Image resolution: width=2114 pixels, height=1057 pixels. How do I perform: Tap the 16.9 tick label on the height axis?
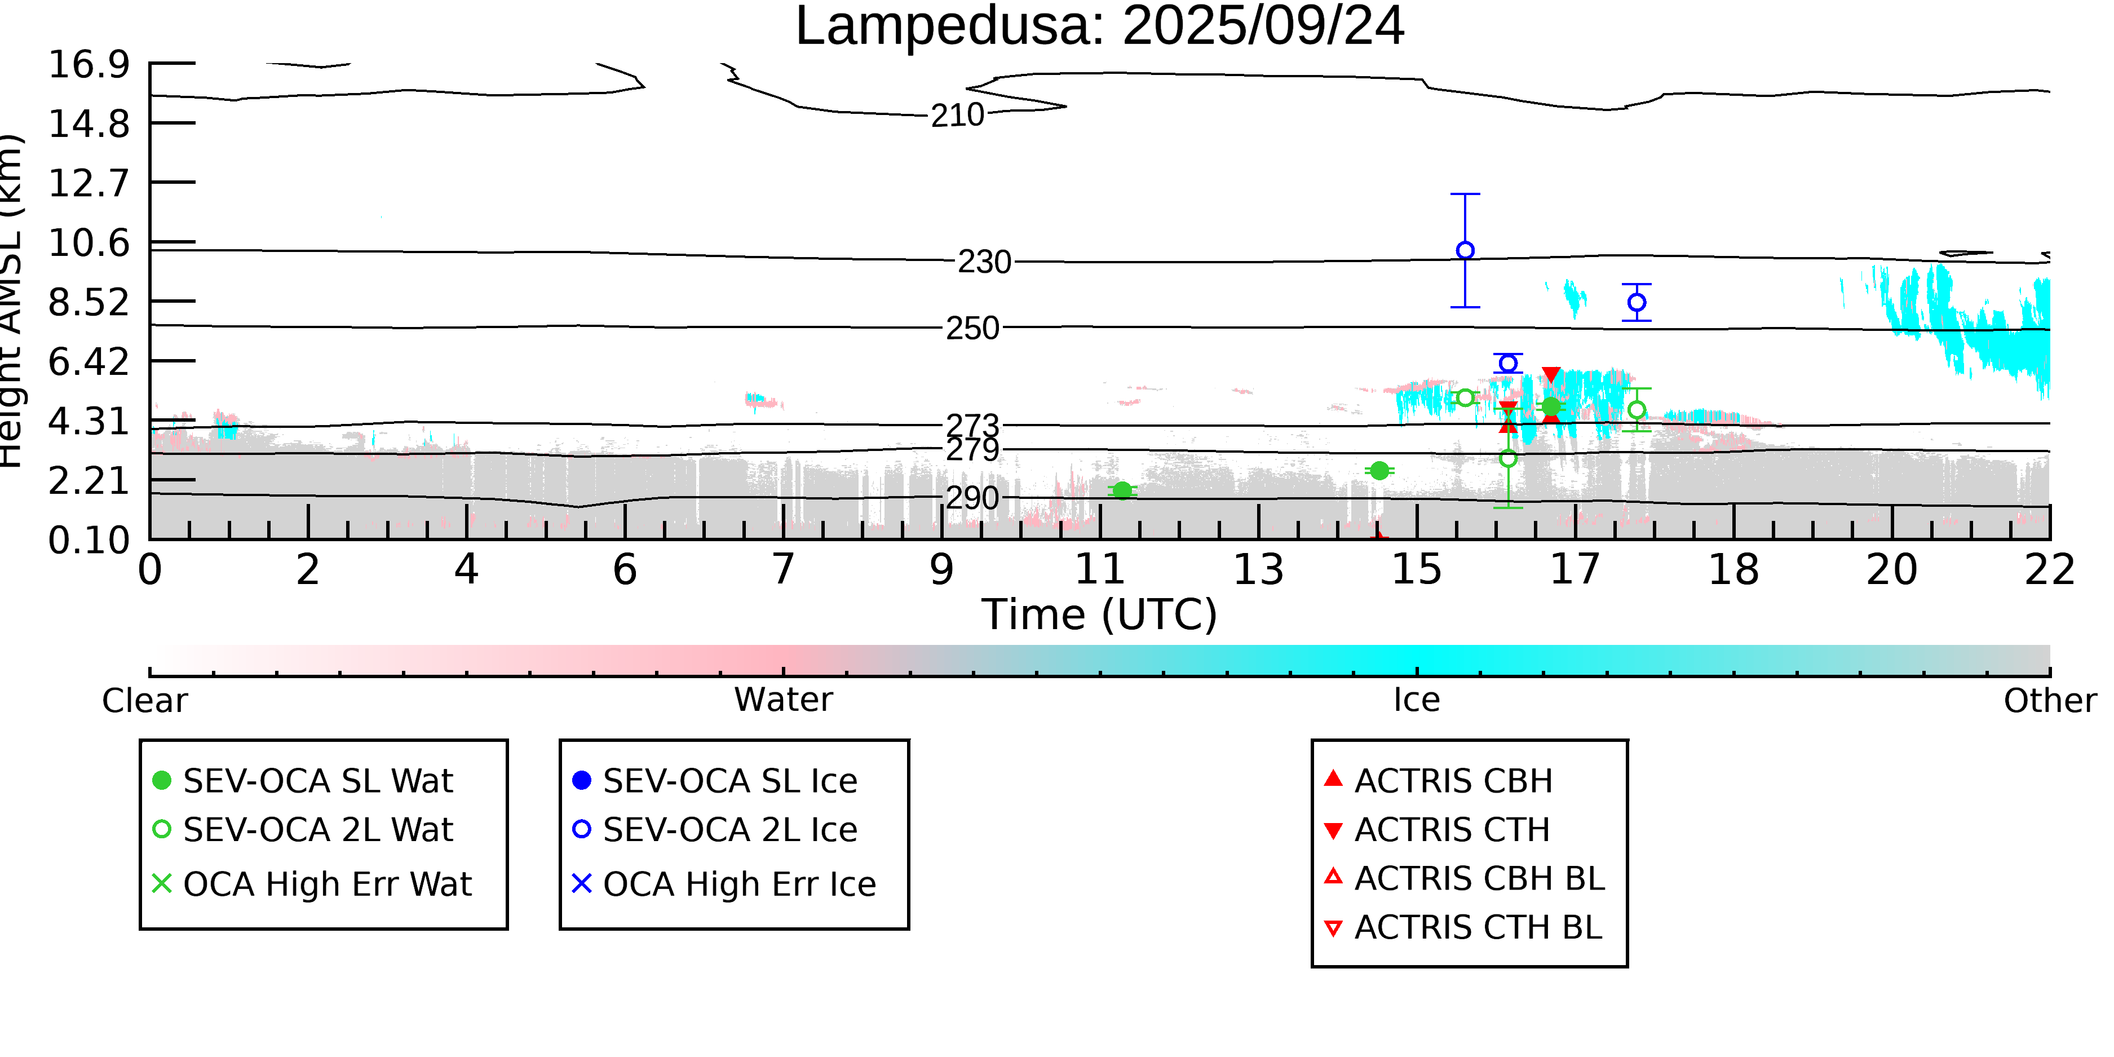(89, 65)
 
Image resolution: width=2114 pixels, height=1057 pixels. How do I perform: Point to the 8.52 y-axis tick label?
(89, 303)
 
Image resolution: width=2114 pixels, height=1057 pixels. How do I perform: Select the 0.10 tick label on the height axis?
(89, 541)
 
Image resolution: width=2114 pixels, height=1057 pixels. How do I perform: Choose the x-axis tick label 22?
(2049, 569)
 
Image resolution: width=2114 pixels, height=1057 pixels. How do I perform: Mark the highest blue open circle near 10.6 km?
(1465, 250)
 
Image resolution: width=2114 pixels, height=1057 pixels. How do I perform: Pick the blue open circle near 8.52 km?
(1637, 303)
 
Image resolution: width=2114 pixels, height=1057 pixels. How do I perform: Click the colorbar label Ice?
(1417, 701)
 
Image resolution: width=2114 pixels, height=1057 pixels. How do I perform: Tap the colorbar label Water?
(783, 701)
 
